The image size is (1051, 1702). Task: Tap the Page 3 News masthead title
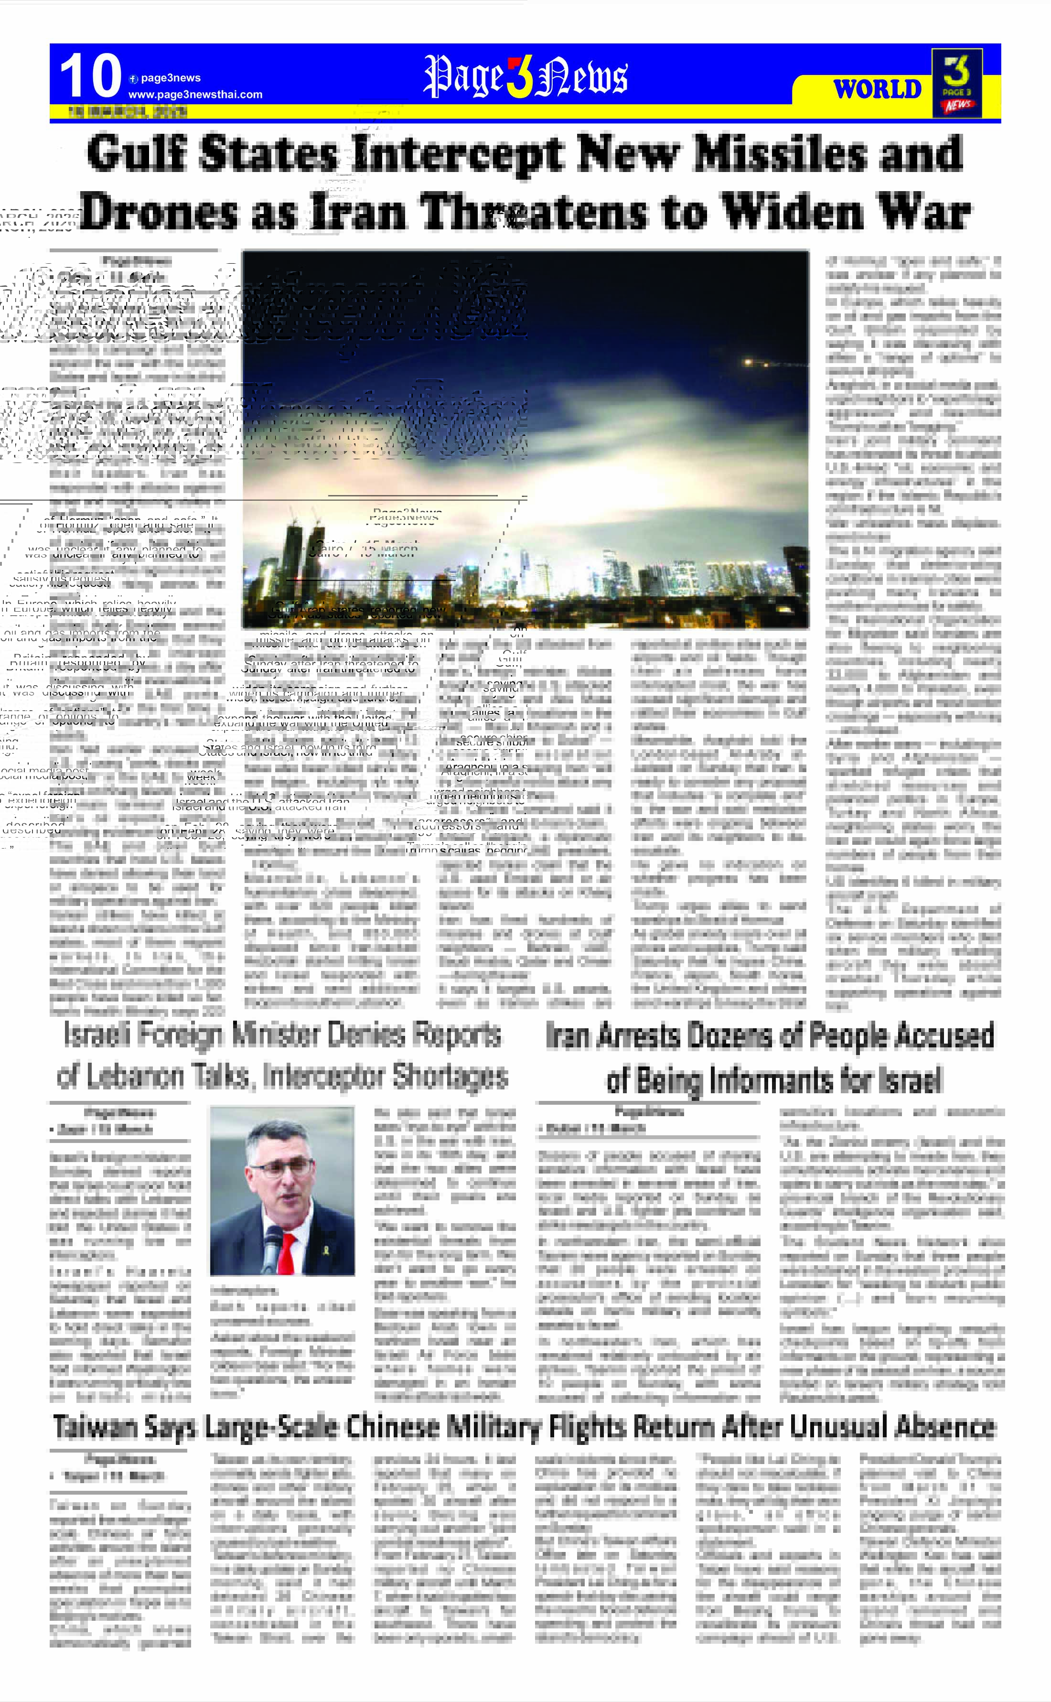525,76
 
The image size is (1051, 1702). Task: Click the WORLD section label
877,89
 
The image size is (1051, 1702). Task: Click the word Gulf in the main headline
137,154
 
